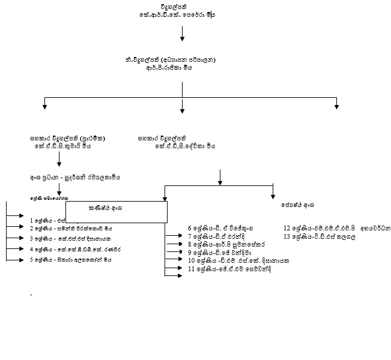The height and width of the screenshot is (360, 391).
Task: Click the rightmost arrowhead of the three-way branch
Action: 336,106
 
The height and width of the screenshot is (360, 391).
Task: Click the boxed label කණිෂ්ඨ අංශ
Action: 116,208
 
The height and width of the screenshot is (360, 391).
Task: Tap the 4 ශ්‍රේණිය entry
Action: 70,249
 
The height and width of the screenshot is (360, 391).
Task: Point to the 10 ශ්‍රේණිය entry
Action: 238,261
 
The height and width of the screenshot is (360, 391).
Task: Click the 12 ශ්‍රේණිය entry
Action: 337,228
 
